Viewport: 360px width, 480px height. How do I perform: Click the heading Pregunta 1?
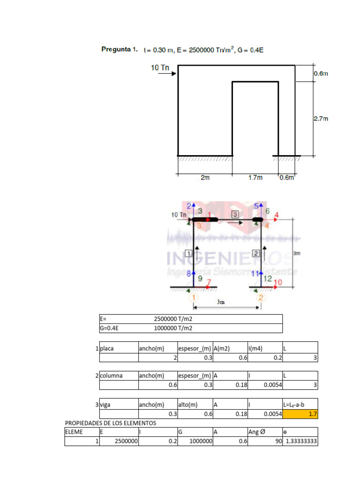pyautogui.click(x=120, y=50)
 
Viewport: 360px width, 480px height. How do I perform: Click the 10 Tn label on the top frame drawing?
pyautogui.click(x=160, y=67)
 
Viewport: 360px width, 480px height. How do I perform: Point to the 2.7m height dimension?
pyautogui.click(x=321, y=119)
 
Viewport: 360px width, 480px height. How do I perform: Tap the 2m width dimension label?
pyautogui.click(x=205, y=178)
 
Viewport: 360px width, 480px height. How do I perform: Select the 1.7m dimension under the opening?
pyautogui.click(x=255, y=178)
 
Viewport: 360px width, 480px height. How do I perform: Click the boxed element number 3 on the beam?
pyautogui.click(x=235, y=214)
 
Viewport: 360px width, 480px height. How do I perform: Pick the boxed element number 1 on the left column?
pyautogui.click(x=189, y=254)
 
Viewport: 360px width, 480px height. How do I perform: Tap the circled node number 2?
pyautogui.click(x=261, y=297)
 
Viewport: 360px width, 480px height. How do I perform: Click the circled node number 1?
pyautogui.click(x=194, y=297)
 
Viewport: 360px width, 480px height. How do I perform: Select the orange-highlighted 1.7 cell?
pyautogui.click(x=300, y=414)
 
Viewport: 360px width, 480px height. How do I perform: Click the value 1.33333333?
pyautogui.click(x=301, y=441)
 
